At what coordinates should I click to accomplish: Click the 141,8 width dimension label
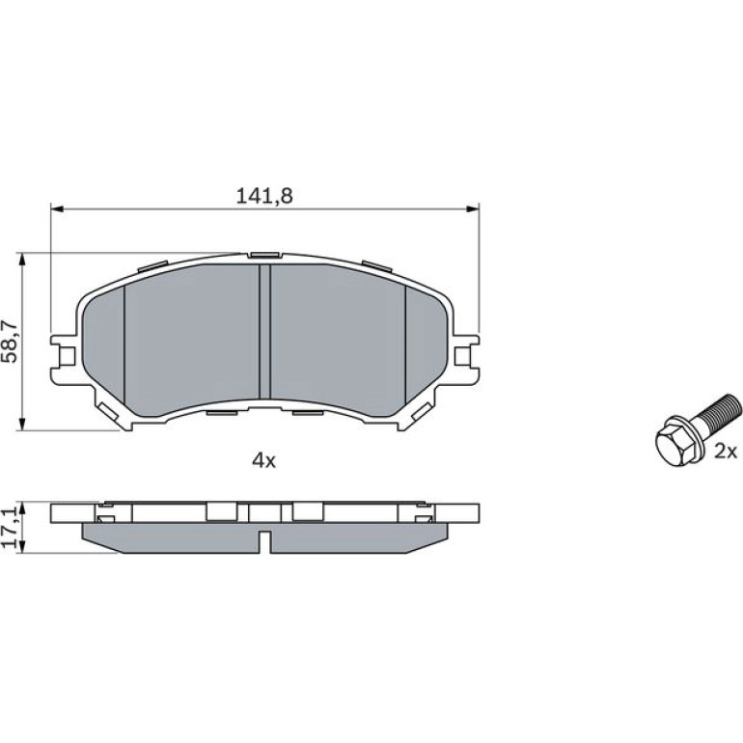tap(264, 196)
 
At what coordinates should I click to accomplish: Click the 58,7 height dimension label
tap(10, 342)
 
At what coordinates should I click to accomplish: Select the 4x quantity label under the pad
tap(263, 460)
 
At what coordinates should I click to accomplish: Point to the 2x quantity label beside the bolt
tap(726, 452)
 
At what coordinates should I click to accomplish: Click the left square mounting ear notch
tap(67, 355)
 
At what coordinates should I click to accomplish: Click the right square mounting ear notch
tap(462, 355)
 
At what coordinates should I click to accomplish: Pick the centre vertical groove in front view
tap(265, 332)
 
